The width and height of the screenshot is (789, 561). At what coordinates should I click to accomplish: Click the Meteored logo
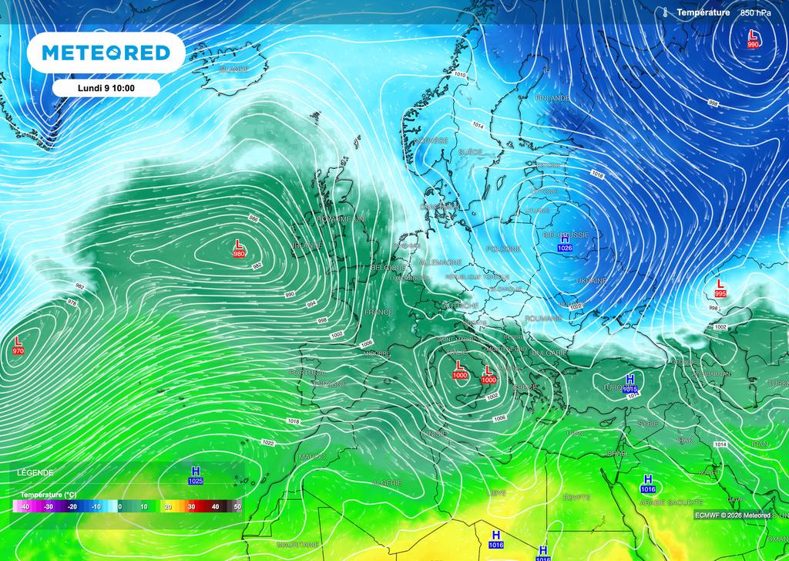click(106, 52)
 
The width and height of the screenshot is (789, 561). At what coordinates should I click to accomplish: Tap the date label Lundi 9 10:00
click(106, 88)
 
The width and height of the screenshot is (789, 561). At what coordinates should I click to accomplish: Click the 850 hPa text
click(756, 13)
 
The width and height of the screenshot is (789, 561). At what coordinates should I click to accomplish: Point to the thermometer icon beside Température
click(664, 12)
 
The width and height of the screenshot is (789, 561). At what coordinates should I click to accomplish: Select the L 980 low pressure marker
click(239, 248)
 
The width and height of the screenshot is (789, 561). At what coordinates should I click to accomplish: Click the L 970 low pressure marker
click(18, 345)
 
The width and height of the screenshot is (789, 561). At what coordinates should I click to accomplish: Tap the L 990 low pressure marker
click(754, 39)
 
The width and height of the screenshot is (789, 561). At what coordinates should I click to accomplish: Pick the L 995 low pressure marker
click(720, 289)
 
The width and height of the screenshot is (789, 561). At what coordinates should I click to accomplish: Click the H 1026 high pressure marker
click(565, 242)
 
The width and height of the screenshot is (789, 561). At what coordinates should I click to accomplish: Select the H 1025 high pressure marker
click(196, 475)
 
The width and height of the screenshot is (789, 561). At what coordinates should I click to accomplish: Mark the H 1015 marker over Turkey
click(630, 383)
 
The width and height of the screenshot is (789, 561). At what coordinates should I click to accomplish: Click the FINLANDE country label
click(552, 98)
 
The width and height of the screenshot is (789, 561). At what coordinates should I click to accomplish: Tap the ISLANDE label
click(233, 69)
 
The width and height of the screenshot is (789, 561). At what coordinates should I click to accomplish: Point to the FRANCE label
click(378, 312)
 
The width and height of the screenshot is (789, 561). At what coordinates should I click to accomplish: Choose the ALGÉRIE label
click(386, 482)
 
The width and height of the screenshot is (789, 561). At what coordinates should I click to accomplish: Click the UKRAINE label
click(592, 281)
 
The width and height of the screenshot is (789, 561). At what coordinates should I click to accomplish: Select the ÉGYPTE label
click(576, 497)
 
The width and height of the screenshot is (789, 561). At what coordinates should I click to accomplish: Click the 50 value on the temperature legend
click(237, 507)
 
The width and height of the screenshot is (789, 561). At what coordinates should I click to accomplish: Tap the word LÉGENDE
click(35, 472)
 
